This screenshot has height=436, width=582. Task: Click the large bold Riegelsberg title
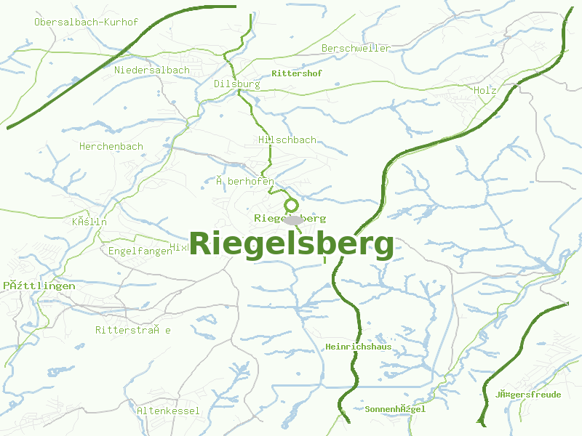pos(292,244)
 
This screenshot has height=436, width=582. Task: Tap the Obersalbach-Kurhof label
pos(86,22)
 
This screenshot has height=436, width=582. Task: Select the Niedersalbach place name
pos(152,70)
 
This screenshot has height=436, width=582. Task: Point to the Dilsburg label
pos(236,84)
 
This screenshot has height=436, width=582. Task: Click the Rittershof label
pos(296,74)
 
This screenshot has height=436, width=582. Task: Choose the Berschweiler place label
pos(356,48)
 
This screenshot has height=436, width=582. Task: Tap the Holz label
pos(485,91)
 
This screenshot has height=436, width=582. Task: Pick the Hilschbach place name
pos(287,140)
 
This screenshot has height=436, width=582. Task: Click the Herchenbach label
pos(111,146)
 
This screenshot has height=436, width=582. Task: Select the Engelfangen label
pos(140,251)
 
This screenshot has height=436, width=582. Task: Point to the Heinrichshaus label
pos(359,347)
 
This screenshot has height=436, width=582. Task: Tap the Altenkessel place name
pos(168,411)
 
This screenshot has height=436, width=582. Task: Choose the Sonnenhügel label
pos(395,409)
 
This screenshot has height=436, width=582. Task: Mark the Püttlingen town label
pos(39,286)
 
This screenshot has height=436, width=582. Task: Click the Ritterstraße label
pos(133,330)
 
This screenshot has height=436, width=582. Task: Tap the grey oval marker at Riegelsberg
pos(292,219)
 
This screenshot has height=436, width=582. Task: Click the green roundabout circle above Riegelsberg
pos(292,206)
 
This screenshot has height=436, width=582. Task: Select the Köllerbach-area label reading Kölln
pos(89,222)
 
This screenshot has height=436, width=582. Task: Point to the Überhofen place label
pos(244,181)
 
